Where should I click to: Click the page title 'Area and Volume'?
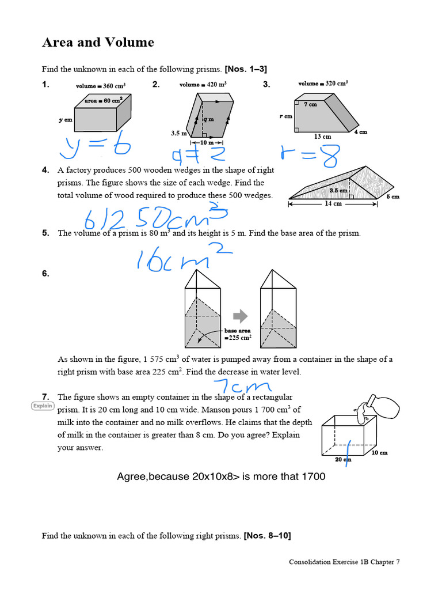click(x=98, y=42)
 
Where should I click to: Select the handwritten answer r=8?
click(x=310, y=154)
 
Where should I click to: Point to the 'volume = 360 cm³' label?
click(x=101, y=86)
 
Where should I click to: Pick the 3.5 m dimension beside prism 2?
click(x=178, y=133)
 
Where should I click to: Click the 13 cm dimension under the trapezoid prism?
click(x=322, y=137)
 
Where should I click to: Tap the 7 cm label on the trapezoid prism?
click(x=311, y=104)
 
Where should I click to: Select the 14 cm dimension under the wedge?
click(x=333, y=203)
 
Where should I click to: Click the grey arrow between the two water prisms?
click(x=240, y=316)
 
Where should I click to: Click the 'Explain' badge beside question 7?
click(x=43, y=406)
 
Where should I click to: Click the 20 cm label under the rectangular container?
click(x=342, y=459)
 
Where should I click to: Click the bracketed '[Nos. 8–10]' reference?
click(x=267, y=536)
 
